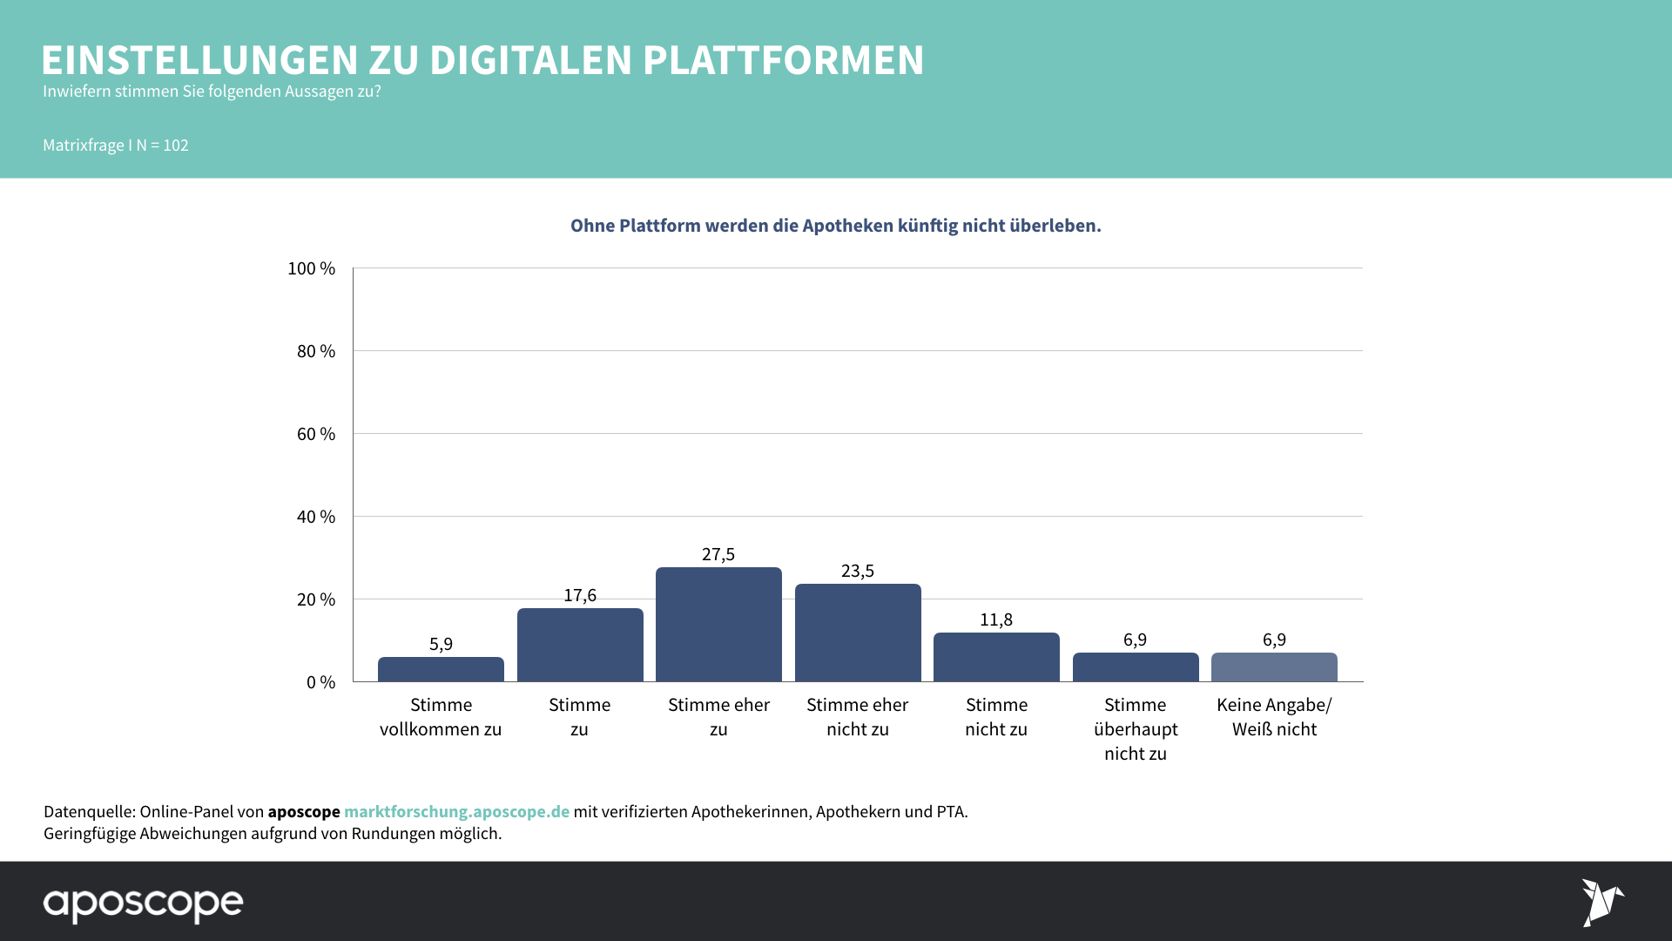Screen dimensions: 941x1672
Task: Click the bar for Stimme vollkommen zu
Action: [x=441, y=669]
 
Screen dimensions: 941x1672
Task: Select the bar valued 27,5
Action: [x=718, y=624]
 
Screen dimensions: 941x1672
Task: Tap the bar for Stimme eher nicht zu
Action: [x=858, y=633]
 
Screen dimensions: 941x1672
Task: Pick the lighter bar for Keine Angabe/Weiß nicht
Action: [x=1274, y=667]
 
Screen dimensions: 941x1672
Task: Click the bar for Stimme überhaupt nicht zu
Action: [x=1136, y=667]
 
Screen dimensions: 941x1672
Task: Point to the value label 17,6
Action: [x=580, y=595]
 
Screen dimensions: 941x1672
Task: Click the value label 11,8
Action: [x=996, y=619]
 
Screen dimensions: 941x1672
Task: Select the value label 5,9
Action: [x=441, y=644]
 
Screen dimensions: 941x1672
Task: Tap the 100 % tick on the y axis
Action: [x=312, y=268]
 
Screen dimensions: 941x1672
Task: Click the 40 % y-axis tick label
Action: [x=315, y=517]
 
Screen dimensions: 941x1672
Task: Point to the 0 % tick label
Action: [x=320, y=682]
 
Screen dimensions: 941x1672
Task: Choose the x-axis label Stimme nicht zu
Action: [x=996, y=717]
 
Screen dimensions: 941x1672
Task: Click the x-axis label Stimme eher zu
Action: [x=718, y=717]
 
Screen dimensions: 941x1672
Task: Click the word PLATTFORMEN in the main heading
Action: [x=783, y=60]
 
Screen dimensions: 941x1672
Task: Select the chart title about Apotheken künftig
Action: [x=836, y=226]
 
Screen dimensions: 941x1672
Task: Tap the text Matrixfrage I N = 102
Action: [x=116, y=146]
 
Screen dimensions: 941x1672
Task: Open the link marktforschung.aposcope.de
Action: [x=456, y=811]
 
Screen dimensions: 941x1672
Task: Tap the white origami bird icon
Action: [x=1601, y=902]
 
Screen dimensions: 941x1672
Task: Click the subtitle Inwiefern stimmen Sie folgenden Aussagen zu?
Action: [x=212, y=91]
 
